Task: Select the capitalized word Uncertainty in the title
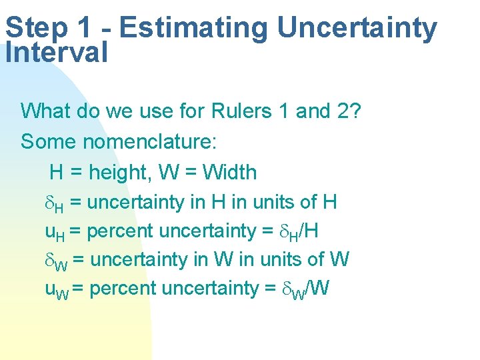click(x=357, y=28)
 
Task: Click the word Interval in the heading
click(x=56, y=53)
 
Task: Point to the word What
click(x=46, y=110)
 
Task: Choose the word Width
click(x=229, y=173)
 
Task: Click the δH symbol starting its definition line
click(x=53, y=203)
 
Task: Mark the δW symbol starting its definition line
click(x=55, y=261)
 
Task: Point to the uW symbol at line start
click(x=55, y=289)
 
